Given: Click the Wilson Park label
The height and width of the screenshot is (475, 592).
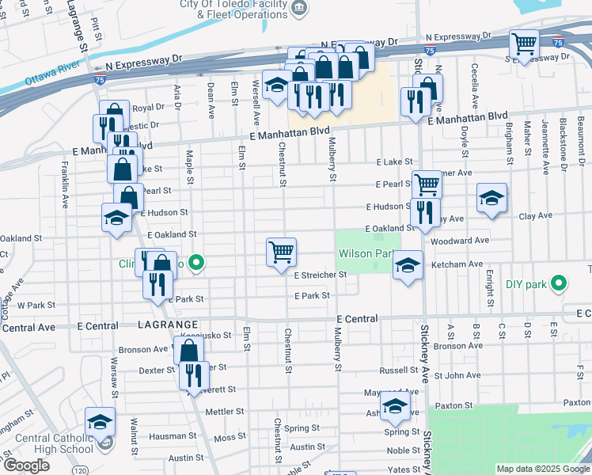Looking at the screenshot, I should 365,254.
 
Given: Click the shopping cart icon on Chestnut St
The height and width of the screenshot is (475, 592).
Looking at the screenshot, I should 282,253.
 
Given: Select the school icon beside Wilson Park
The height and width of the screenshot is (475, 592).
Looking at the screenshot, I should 408,264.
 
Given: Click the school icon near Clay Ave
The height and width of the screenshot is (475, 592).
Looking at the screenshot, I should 491,198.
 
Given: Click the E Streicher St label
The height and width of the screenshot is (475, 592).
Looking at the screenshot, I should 321,275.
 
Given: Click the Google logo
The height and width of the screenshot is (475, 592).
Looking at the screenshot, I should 26,465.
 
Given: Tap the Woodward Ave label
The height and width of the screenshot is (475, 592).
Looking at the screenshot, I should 465,240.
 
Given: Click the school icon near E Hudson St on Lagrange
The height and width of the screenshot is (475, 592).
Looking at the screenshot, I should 117,218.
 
